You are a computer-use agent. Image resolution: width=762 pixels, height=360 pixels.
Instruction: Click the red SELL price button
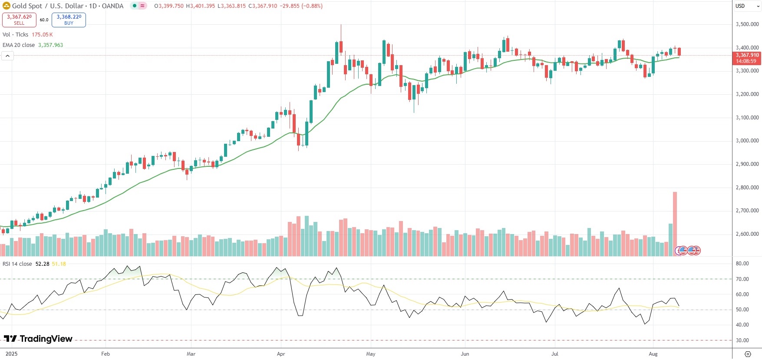(19, 20)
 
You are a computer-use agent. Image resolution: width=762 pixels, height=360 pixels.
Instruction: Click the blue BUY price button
(69, 20)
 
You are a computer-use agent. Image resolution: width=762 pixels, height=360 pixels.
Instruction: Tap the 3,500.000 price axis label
(747, 24)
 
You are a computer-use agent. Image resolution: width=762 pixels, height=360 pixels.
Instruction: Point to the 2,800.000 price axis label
(747, 188)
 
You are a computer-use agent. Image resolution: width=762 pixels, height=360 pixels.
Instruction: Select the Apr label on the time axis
(281, 354)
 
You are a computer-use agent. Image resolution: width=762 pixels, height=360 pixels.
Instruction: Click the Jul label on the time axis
(555, 354)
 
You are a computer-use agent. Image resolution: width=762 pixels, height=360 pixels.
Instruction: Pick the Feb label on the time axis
(106, 354)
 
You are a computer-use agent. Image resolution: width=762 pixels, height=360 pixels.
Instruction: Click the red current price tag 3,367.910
(747, 58)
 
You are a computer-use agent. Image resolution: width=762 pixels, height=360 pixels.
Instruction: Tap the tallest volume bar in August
(675, 224)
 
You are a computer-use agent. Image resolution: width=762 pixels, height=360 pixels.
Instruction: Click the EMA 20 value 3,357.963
(50, 45)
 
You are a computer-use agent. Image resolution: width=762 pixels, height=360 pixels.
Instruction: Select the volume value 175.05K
(42, 35)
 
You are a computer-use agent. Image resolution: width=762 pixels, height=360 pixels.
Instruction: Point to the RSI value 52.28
(42, 264)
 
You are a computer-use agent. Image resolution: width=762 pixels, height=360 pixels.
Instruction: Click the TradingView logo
(38, 339)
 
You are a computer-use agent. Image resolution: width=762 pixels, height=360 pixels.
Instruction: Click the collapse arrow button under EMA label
(8, 56)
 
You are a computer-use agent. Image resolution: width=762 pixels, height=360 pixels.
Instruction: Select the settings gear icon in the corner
(748, 354)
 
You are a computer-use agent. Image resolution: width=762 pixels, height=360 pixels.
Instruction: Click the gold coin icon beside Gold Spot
(7, 6)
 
